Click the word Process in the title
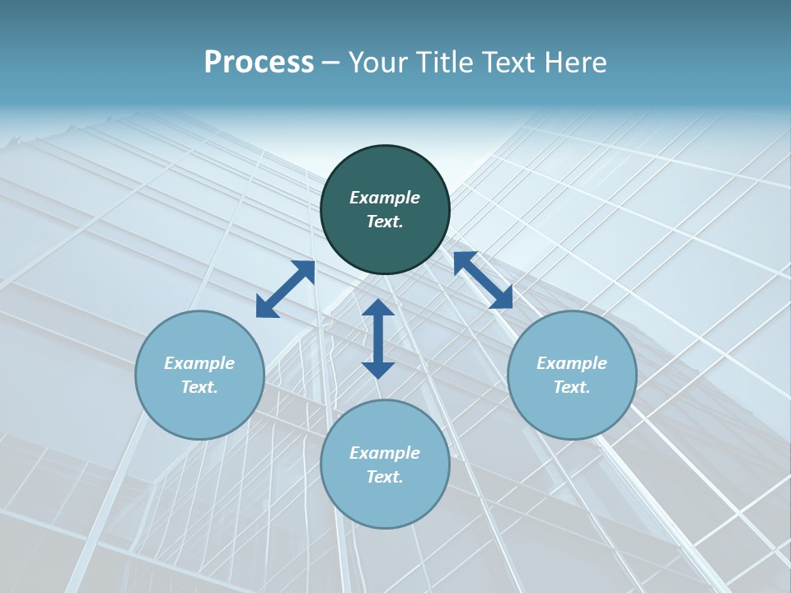click(259, 63)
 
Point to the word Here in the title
click(578, 63)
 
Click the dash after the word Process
click(331, 63)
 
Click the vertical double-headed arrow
click(378, 339)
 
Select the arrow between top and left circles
click(285, 289)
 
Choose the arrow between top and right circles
click(483, 280)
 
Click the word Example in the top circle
click(385, 198)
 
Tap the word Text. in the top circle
click(385, 222)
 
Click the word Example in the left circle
click(199, 363)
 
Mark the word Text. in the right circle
click(572, 387)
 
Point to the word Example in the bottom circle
click(385, 453)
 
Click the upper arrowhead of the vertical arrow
click(378, 306)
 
